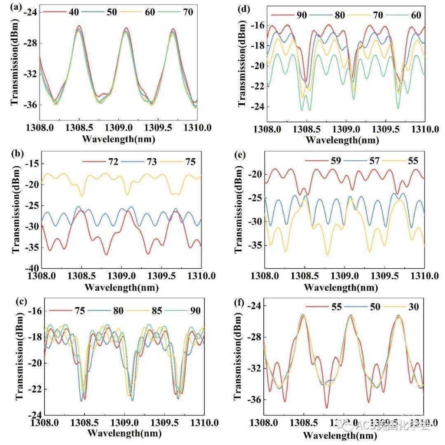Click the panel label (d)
pos(244,7)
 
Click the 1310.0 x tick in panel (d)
pos(425,129)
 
